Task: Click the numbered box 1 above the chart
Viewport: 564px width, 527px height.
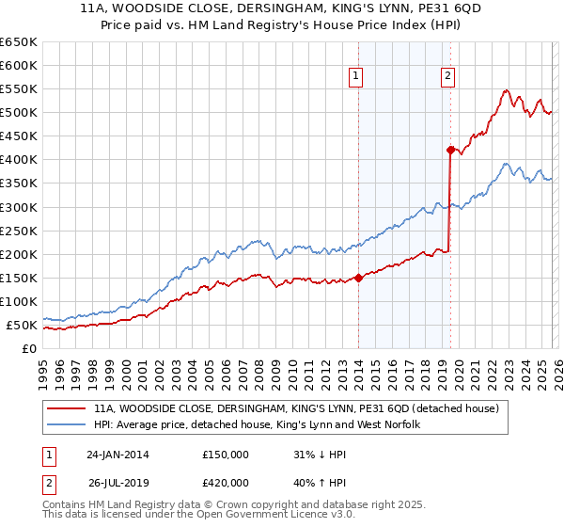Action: point(357,77)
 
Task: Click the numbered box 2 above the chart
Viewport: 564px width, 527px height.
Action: point(447,77)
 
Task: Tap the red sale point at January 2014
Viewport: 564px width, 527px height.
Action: point(358,278)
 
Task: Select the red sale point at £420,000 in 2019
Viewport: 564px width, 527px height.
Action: point(450,149)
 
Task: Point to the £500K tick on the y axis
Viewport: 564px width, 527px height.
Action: point(19,113)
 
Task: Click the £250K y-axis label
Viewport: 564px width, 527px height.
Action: point(19,231)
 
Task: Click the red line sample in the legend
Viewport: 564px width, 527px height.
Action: point(68,409)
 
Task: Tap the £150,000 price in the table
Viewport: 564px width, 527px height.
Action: point(226,455)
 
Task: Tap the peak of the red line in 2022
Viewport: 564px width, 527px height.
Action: point(506,90)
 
